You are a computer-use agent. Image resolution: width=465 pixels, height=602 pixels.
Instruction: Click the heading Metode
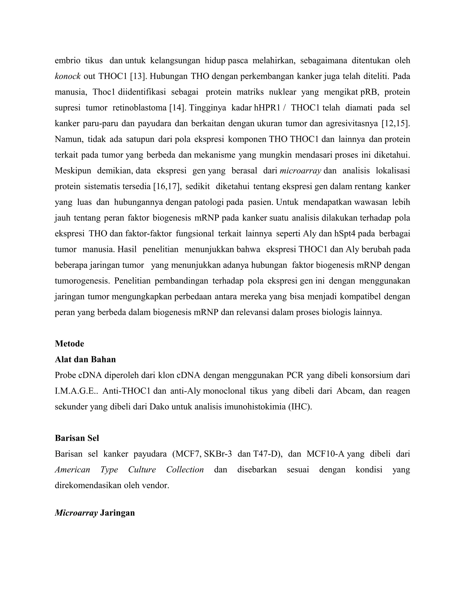pos(69,343)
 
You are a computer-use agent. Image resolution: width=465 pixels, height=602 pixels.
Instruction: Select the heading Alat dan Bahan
pos(85,359)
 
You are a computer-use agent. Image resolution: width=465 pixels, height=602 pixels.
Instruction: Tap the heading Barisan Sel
pos(77,438)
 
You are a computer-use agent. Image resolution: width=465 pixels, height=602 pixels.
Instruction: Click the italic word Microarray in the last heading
pos(76,513)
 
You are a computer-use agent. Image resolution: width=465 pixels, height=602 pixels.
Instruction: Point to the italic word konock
pos(67,76)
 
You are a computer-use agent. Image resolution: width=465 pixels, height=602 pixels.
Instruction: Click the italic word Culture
pos(142,469)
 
